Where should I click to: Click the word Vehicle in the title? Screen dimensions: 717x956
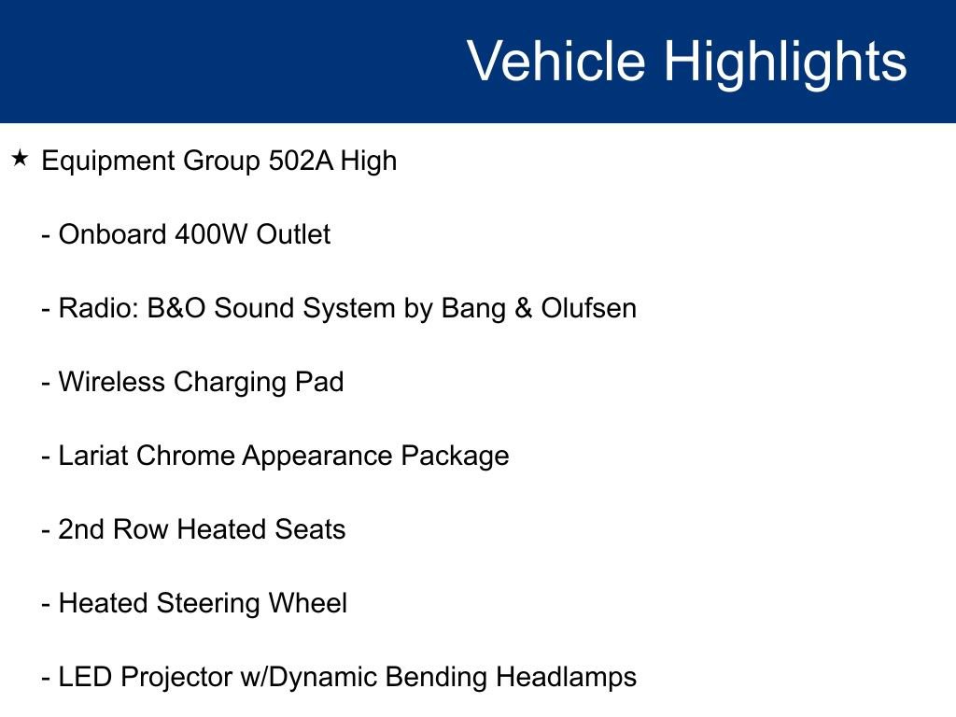(x=555, y=62)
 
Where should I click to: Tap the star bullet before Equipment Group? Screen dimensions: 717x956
(x=21, y=160)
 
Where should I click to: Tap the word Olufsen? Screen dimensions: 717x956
(x=588, y=308)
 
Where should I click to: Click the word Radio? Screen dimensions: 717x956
(x=98, y=308)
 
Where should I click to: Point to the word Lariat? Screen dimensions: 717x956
(x=93, y=456)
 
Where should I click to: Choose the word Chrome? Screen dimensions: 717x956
(x=186, y=456)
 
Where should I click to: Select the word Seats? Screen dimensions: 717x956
(x=310, y=529)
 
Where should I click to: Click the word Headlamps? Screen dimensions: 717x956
(x=566, y=677)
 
